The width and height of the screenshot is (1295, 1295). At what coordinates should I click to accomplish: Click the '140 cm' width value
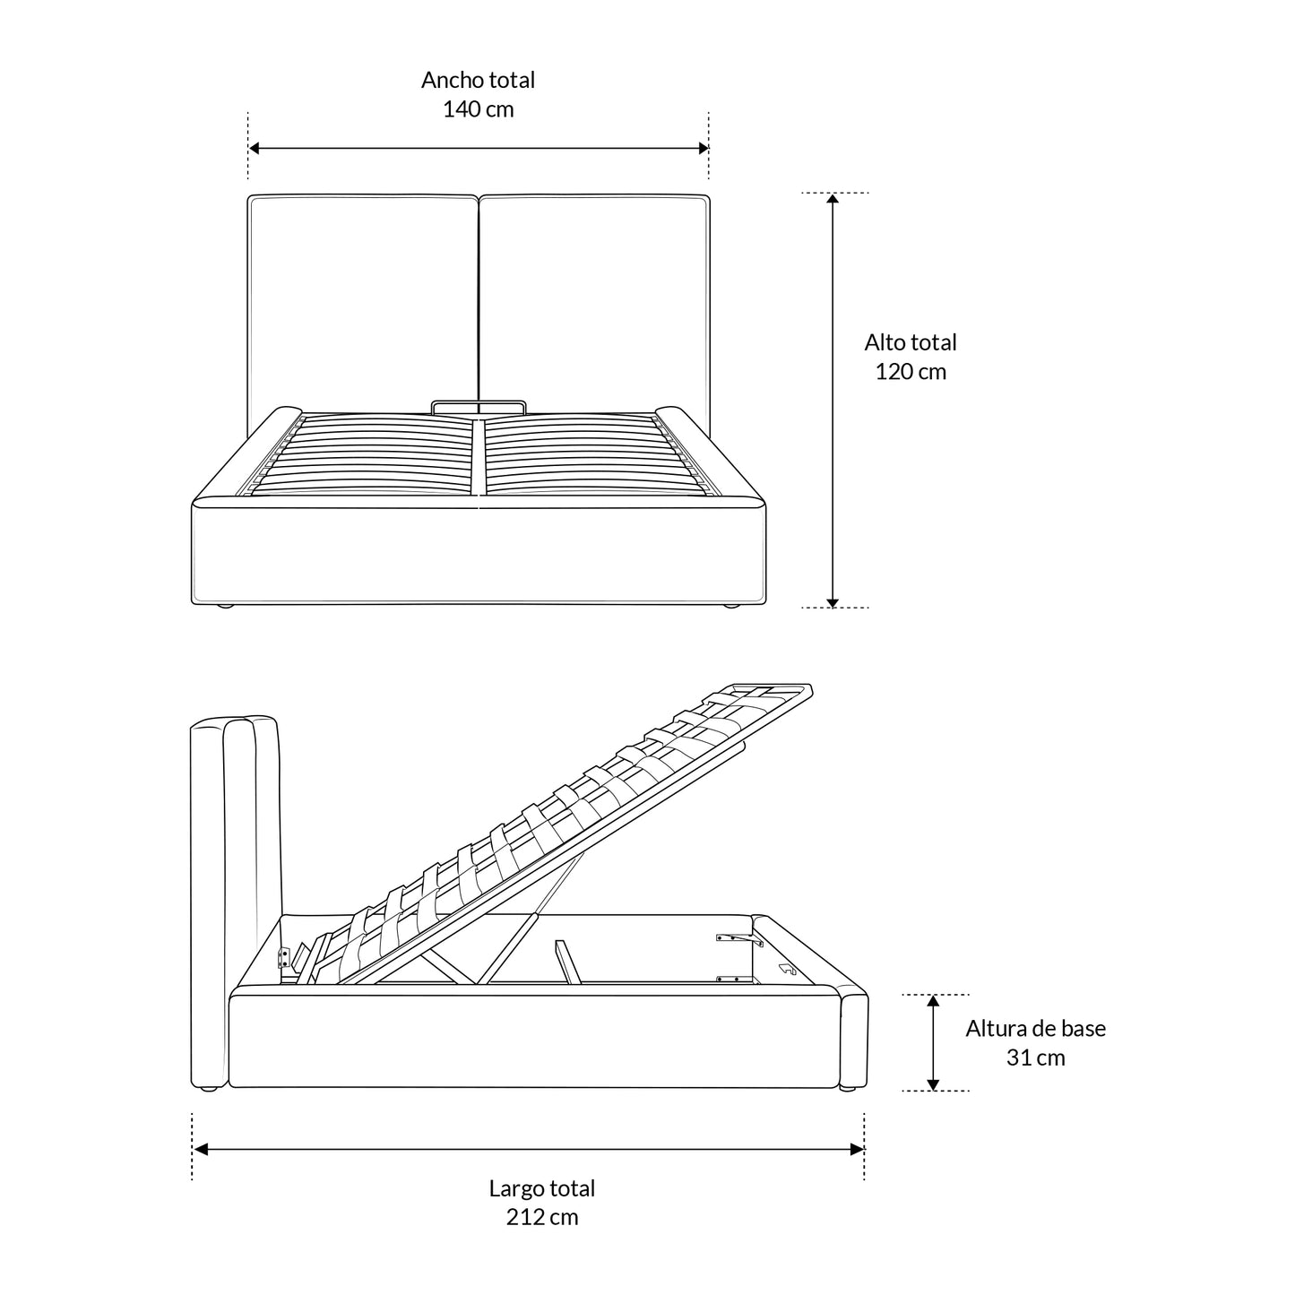point(478,108)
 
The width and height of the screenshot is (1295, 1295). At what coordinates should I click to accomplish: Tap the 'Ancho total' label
point(478,80)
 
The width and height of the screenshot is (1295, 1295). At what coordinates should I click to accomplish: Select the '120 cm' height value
point(910,372)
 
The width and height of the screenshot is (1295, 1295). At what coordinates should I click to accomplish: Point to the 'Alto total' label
point(910,342)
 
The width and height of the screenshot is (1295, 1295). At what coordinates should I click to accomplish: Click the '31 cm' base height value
point(1035,1058)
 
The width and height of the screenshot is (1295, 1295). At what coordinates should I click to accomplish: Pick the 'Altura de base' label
point(1035,1028)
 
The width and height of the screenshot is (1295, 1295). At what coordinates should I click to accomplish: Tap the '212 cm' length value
point(541,1216)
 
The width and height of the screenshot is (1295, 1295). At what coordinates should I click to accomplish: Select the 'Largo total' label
point(541,1188)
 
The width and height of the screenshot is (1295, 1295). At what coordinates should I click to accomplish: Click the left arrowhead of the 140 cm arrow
point(254,148)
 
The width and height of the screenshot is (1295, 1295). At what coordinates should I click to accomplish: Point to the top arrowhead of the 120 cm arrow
point(832,198)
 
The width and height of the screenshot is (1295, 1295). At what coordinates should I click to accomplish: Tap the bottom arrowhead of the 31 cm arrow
point(932,1084)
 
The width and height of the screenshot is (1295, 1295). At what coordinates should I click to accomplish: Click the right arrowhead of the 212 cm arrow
point(857,1149)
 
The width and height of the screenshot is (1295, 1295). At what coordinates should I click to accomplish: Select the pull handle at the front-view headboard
point(478,406)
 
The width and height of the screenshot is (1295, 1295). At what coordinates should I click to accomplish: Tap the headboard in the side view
point(234,902)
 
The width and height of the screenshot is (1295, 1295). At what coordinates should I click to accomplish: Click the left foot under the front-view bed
point(225,606)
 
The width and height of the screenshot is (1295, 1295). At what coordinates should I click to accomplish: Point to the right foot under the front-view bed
point(730,606)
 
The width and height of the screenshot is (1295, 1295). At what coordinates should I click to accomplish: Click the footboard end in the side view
point(853,1039)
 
